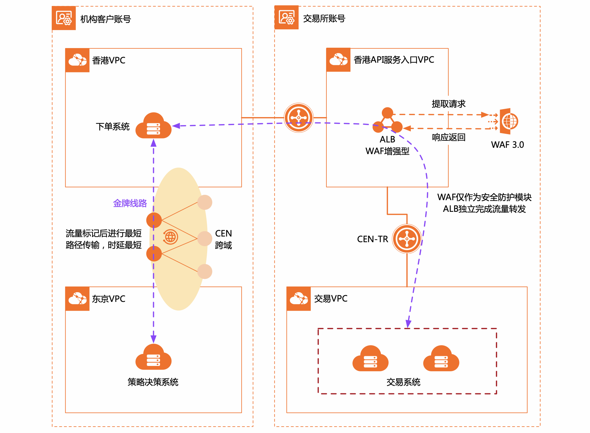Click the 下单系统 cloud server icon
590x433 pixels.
tap(153, 126)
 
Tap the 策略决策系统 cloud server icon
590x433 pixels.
tap(153, 358)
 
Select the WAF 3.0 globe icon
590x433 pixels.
tap(509, 121)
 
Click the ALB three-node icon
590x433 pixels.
tap(388, 120)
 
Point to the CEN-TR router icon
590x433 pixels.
tap(407, 239)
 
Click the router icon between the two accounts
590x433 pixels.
tap(299, 117)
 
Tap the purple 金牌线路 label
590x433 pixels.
tap(130, 203)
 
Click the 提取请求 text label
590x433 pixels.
tap(448, 104)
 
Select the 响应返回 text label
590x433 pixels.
tap(448, 137)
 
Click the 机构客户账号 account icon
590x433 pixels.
tap(64, 18)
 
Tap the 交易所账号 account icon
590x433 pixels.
tap(286, 17)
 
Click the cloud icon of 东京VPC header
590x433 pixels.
tap(78, 299)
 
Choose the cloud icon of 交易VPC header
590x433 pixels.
tap(299, 299)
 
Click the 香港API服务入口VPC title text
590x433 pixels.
tap(394, 60)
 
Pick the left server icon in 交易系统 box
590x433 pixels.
tap(370, 359)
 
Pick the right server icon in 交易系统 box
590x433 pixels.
tap(441, 359)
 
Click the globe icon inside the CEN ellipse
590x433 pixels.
tap(170, 237)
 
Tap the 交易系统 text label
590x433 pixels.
tap(403, 382)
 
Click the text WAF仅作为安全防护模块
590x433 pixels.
tap(484, 197)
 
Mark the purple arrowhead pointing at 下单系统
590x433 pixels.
tap(176, 126)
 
